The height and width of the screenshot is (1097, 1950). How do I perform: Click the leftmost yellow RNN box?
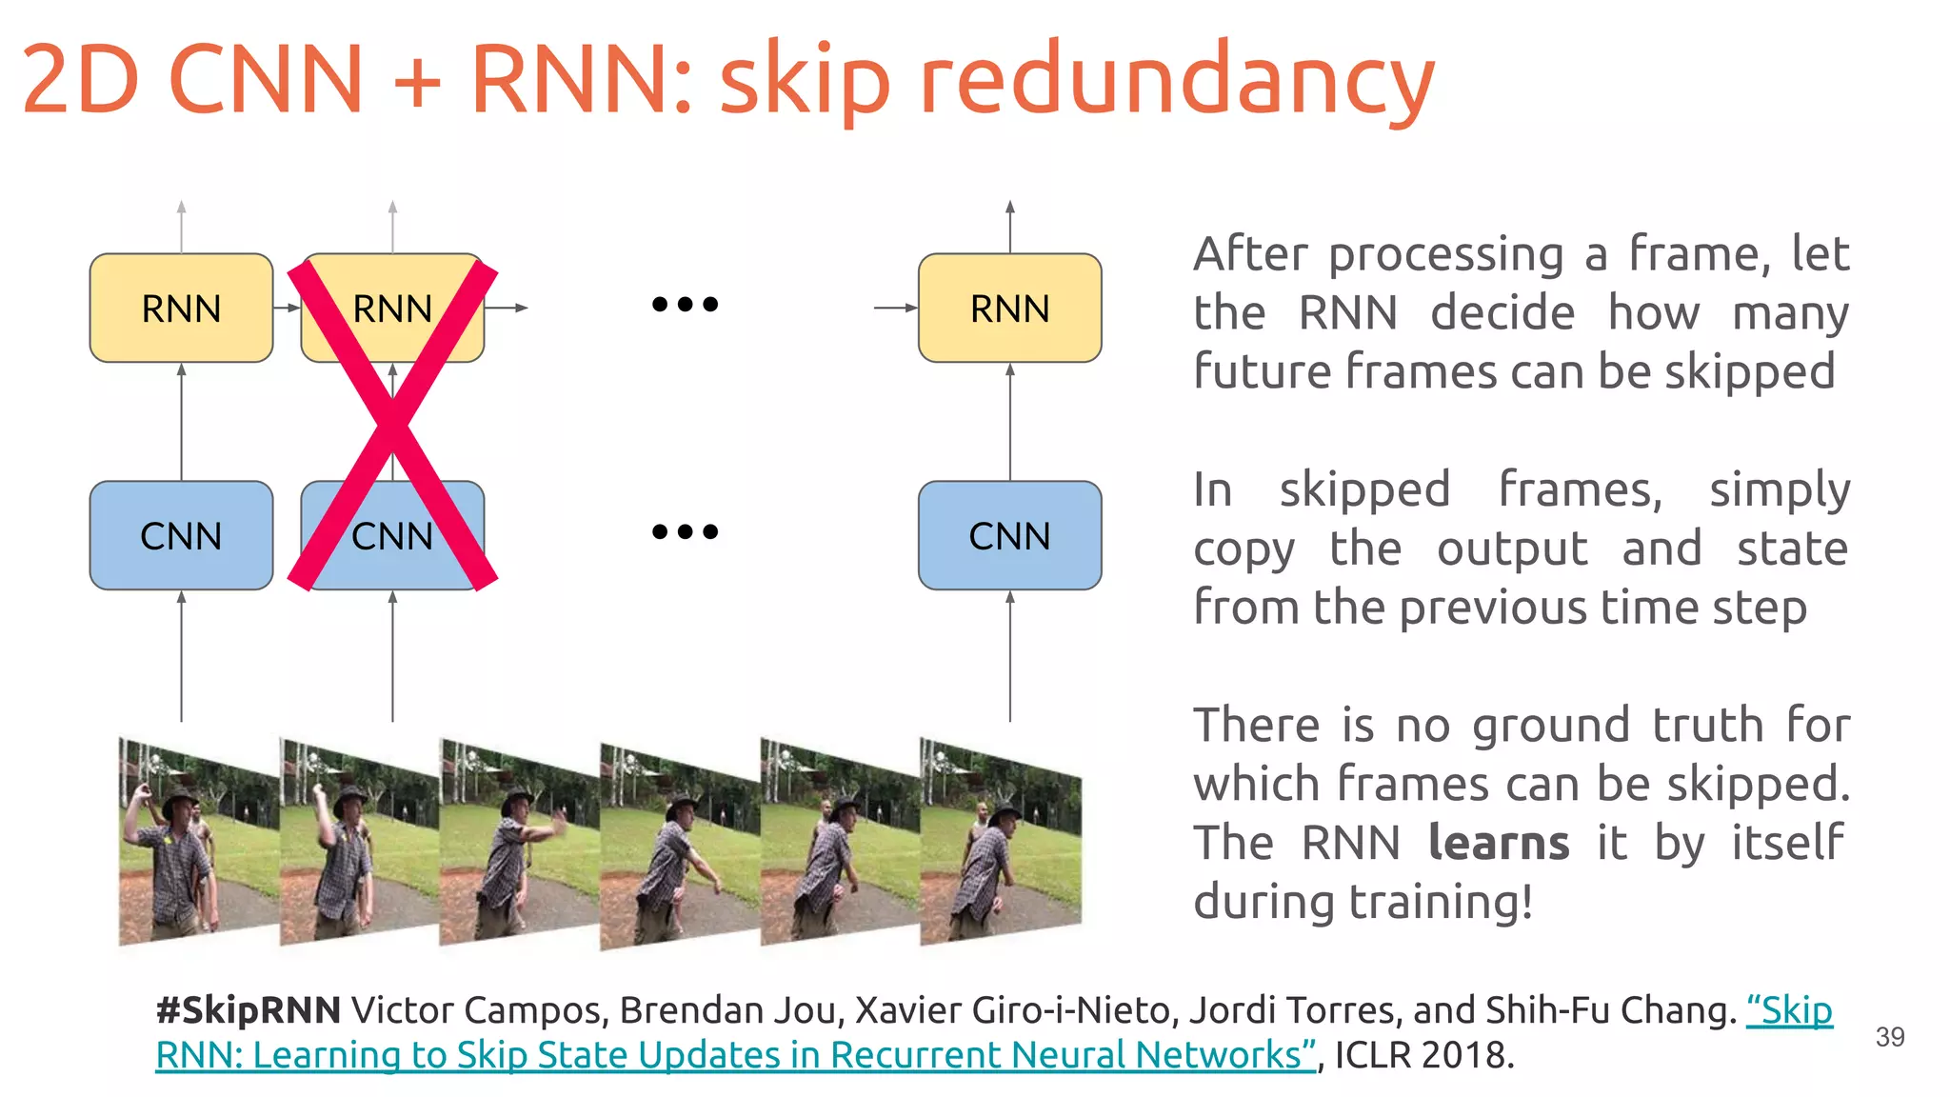181,308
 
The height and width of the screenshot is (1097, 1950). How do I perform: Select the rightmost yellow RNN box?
1009,308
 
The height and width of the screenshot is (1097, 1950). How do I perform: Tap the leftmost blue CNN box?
181,535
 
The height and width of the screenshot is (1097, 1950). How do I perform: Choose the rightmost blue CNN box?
1009,535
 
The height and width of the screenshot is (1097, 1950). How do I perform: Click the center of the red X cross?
392,424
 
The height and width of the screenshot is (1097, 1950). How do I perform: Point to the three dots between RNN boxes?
685,305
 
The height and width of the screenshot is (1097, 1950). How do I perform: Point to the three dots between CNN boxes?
685,531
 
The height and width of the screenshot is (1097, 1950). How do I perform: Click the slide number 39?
1889,1037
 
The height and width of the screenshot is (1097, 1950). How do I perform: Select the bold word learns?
1499,843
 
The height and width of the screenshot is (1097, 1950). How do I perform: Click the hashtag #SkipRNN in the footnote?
248,1010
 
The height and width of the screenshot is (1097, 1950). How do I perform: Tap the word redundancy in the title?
1176,81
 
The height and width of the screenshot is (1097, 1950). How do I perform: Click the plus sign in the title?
417,81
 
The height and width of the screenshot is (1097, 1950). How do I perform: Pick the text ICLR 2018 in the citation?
1423,1055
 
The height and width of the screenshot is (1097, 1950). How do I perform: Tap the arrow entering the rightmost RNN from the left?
895,308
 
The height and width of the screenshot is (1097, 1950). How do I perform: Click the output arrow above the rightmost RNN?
1009,227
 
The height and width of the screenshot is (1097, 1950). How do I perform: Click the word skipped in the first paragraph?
1750,371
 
